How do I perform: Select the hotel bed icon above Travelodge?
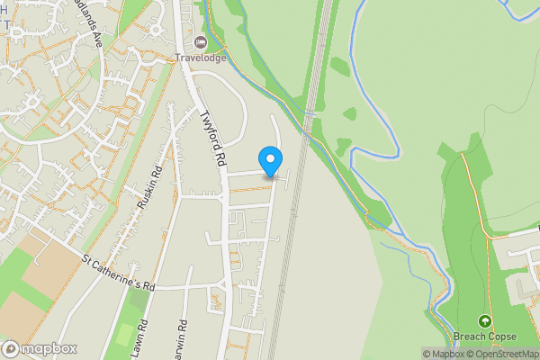(x=199, y=42)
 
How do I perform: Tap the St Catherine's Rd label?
(x=119, y=274)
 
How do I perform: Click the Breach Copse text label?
(x=485, y=337)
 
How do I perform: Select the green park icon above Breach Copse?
(x=485, y=320)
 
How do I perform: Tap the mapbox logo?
(x=40, y=348)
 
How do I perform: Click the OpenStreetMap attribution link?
(x=505, y=354)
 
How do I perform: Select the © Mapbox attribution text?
(x=445, y=354)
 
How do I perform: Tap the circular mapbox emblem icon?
(x=11, y=348)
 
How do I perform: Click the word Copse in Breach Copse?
(x=501, y=337)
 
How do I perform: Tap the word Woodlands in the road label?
(x=89, y=18)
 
